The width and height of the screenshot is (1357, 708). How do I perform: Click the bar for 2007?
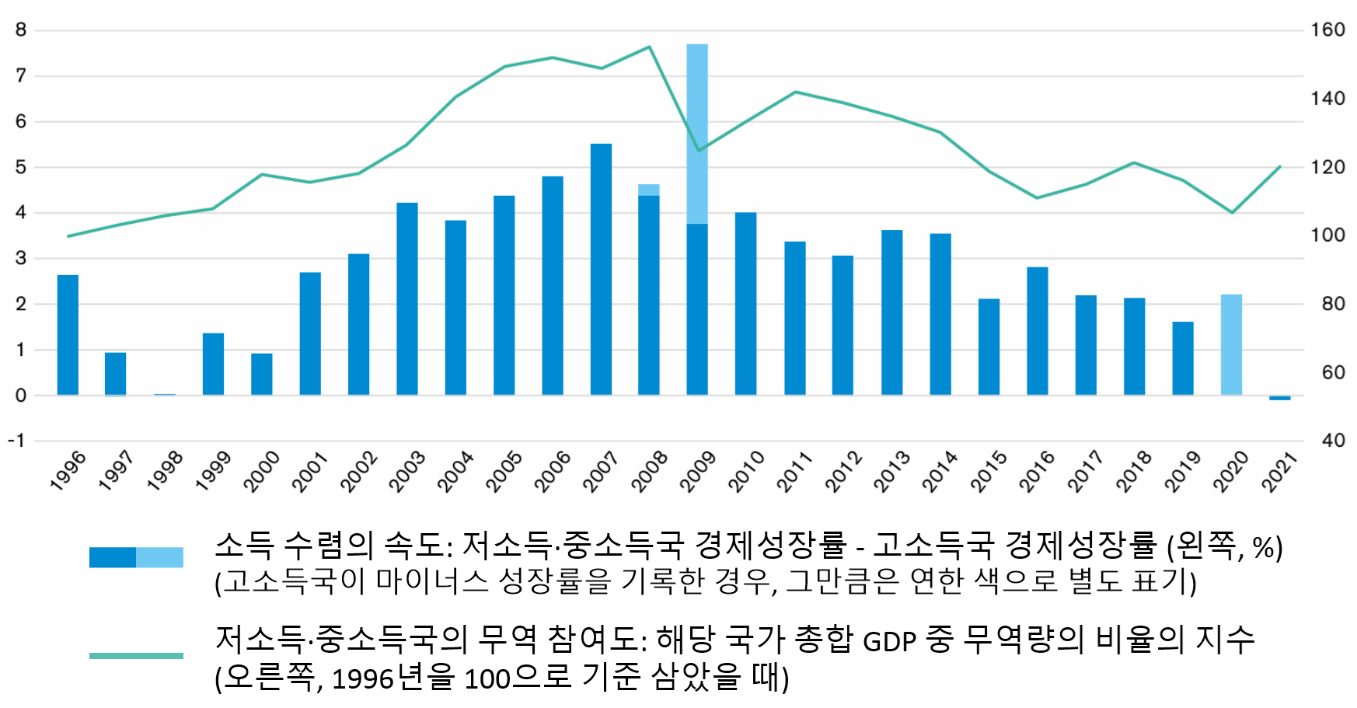tap(601, 270)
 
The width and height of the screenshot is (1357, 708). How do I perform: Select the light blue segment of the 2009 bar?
tap(697, 134)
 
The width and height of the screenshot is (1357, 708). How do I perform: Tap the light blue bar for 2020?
tap(1231, 345)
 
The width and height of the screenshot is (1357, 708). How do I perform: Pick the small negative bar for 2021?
tap(1279, 397)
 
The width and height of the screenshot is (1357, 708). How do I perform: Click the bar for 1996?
tap(68, 335)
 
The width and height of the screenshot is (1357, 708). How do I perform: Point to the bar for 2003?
tap(407, 299)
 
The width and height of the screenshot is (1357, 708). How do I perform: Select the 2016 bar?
tap(1038, 331)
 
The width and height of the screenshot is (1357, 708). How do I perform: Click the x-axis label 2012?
tap(843, 472)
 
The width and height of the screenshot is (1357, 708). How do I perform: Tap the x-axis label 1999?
tap(213, 472)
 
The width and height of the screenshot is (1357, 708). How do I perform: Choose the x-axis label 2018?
tap(1134, 472)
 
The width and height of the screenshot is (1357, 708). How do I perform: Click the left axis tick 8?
tap(21, 30)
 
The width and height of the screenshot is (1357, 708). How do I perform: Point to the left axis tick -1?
tap(17, 441)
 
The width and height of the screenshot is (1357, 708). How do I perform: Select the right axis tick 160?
tap(1327, 30)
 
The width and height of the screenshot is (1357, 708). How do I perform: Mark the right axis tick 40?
tap(1333, 441)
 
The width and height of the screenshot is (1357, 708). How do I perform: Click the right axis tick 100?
tap(1327, 235)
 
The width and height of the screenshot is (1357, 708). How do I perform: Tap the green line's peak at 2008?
tap(649, 47)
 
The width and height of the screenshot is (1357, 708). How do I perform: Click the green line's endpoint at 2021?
tap(1279, 167)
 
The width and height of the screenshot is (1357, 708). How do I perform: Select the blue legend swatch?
tap(136, 557)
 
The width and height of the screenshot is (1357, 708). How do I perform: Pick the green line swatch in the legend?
tap(136, 656)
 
